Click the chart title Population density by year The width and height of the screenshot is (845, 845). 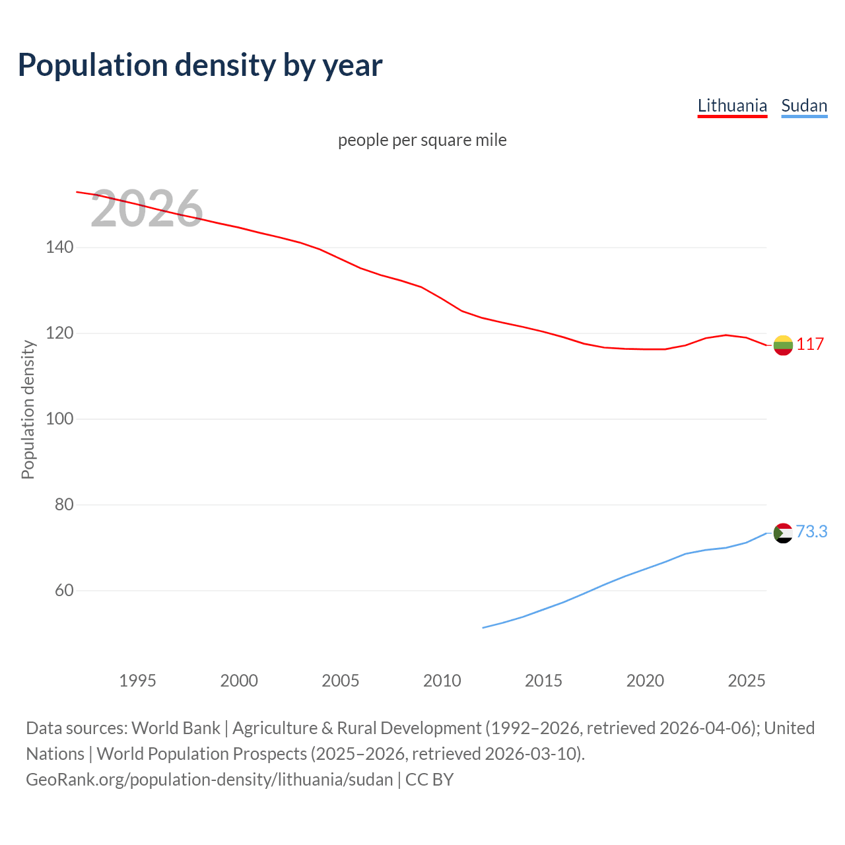tap(200, 65)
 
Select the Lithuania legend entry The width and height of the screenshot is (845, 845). tap(732, 106)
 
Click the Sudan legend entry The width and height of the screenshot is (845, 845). tap(803, 106)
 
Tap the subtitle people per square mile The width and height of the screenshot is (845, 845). tap(422, 140)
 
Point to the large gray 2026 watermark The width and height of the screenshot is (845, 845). tap(147, 209)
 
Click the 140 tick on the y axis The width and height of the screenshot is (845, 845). tap(59, 248)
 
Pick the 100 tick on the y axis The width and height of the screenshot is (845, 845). tap(59, 419)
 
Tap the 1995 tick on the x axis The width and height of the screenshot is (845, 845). tap(137, 681)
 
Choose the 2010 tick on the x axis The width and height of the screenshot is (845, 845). tap(442, 681)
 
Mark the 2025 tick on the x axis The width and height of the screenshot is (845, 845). tap(746, 681)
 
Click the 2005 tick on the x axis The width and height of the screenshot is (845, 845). tap(340, 681)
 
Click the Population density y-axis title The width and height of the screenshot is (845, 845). tap(28, 409)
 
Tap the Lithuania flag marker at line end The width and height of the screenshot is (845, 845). tap(783, 345)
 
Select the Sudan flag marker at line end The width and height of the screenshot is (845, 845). tap(783, 533)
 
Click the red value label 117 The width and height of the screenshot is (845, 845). tap(810, 344)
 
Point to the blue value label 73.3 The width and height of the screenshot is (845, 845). tap(811, 531)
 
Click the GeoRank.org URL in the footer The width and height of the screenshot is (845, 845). tap(209, 780)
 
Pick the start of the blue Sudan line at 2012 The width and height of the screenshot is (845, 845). tap(484, 627)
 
